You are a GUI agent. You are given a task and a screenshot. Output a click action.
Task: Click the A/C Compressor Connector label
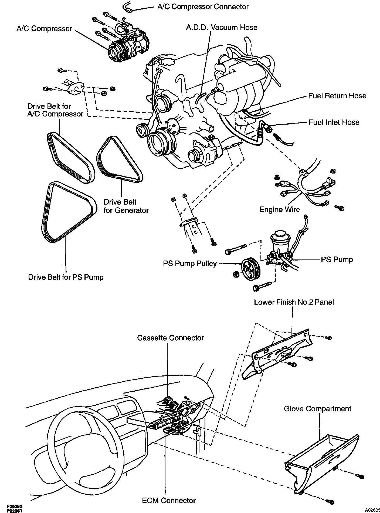click(x=203, y=7)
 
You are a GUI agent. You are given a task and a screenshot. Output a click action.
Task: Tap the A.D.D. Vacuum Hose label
click(x=222, y=28)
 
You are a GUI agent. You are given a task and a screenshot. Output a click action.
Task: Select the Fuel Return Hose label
click(x=337, y=96)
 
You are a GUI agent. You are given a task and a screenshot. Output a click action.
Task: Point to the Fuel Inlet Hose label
click(x=334, y=122)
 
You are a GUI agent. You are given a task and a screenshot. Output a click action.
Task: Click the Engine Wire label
click(x=280, y=210)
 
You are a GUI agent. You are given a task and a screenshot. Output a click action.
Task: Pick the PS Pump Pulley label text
click(x=190, y=264)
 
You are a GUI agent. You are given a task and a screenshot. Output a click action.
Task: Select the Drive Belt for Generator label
click(x=126, y=206)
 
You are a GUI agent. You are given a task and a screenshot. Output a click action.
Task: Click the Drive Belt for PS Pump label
click(x=66, y=277)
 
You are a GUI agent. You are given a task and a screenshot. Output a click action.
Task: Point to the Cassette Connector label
click(x=171, y=338)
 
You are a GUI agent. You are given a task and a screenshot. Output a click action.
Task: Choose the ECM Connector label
click(x=169, y=501)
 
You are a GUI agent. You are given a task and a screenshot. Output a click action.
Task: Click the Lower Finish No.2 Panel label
click(x=294, y=302)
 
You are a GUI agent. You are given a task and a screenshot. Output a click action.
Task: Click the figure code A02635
click(x=372, y=510)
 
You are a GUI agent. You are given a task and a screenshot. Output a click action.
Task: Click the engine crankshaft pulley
click(x=159, y=142)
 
